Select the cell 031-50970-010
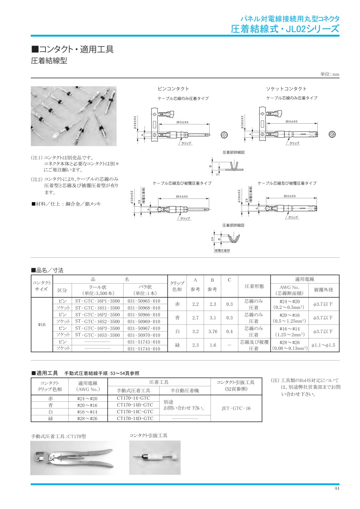point(144,335)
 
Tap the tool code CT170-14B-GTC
point(135,405)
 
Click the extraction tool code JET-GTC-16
point(236,408)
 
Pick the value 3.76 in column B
point(213,331)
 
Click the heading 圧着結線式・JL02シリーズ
point(285,28)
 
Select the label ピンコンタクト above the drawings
point(173,89)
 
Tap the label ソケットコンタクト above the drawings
point(286,89)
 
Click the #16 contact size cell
point(42,325)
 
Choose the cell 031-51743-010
point(144,342)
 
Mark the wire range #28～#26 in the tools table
point(87,418)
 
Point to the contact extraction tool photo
point(155,457)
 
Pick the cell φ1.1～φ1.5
point(323,345)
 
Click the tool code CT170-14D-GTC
point(135,418)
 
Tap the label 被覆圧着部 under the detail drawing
point(222,250)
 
